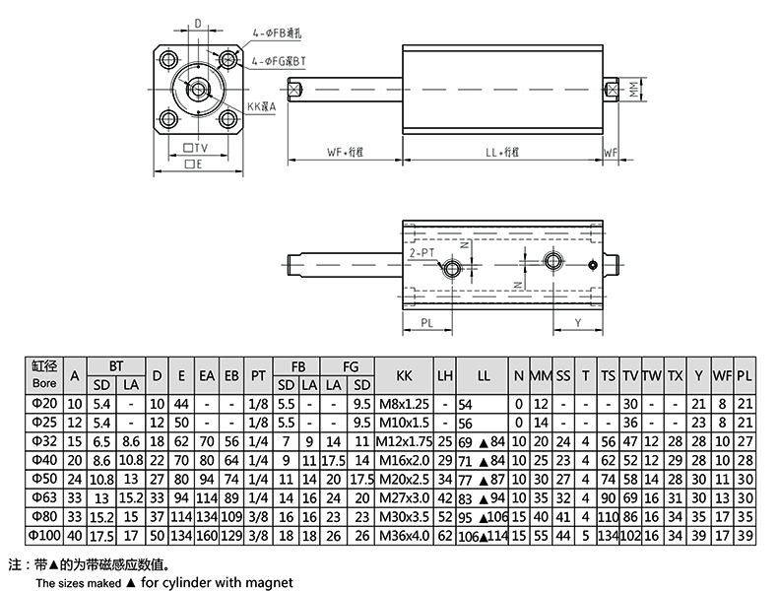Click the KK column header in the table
(x=404, y=375)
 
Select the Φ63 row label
(x=45, y=495)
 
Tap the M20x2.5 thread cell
(x=404, y=478)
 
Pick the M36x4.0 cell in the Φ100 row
(x=404, y=535)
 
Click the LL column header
(x=483, y=375)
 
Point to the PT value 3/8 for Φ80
(x=258, y=516)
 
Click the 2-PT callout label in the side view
(x=421, y=253)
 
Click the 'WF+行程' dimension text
(x=346, y=153)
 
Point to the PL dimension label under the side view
(x=427, y=322)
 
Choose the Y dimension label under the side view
(x=577, y=322)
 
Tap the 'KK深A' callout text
(x=261, y=106)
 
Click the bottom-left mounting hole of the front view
(x=167, y=121)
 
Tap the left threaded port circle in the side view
(x=454, y=268)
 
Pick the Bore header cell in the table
(x=45, y=375)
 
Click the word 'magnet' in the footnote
(x=271, y=583)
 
